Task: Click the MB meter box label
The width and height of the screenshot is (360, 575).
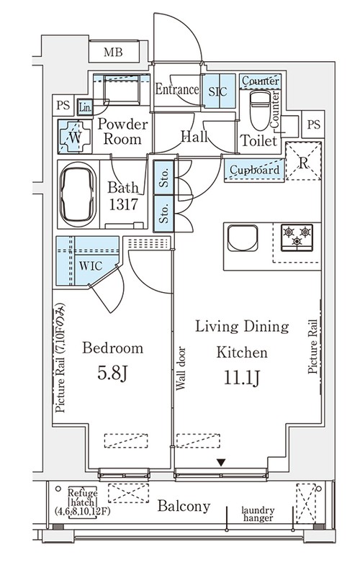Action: [112, 53]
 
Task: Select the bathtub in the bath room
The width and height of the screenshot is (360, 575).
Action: [78, 194]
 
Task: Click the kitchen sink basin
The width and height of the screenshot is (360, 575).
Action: [242, 238]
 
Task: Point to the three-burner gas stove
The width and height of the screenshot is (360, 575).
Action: [297, 237]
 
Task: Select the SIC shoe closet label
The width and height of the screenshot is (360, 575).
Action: [217, 91]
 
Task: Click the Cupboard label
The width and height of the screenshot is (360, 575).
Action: [254, 170]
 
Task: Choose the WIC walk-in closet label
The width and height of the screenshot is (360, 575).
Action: [91, 266]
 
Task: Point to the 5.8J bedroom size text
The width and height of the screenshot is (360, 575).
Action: [112, 373]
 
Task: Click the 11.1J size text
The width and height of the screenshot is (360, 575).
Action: [242, 378]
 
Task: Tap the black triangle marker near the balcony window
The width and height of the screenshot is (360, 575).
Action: [221, 463]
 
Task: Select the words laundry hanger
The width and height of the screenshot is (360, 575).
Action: [258, 514]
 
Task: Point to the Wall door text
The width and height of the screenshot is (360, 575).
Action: [181, 368]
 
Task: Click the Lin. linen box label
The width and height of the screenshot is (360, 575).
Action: [85, 108]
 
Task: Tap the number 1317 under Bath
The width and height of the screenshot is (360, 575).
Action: [123, 204]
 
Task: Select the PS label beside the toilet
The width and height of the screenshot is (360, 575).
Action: [313, 124]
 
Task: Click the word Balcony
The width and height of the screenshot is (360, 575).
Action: [184, 507]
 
